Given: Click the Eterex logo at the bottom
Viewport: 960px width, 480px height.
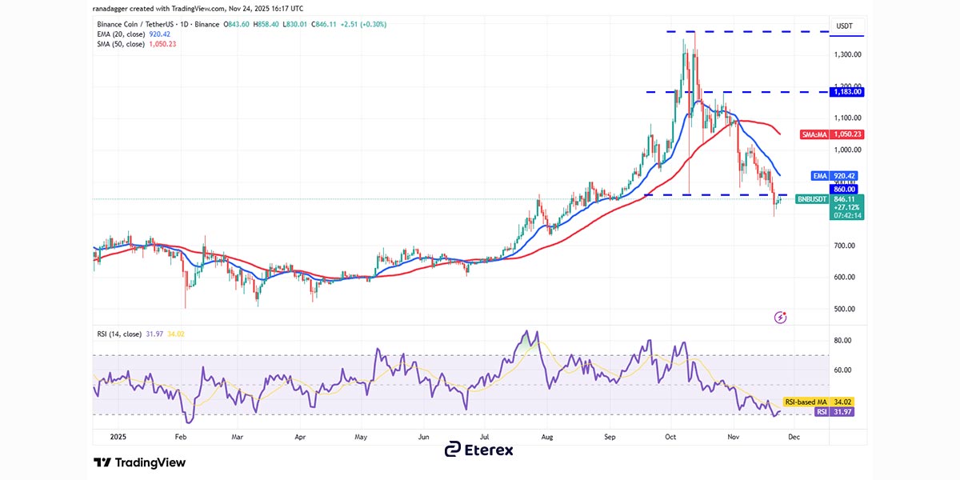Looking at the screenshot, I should (x=479, y=450).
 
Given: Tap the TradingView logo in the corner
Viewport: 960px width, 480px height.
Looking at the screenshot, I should (x=140, y=462).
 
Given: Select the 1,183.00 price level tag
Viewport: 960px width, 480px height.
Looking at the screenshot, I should (x=846, y=92).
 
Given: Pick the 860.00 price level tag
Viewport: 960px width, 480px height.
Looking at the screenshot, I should (x=846, y=190).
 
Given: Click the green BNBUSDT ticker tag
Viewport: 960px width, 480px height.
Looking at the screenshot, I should (x=811, y=199).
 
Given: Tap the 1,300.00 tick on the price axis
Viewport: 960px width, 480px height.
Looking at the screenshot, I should (x=846, y=54).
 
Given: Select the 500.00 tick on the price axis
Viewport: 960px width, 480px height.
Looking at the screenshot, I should (x=846, y=309).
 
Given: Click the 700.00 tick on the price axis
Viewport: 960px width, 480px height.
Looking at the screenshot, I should (x=846, y=246).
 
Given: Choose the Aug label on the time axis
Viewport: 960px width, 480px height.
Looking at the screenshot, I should (x=547, y=438).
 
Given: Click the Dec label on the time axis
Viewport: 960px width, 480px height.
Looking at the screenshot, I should (x=794, y=438).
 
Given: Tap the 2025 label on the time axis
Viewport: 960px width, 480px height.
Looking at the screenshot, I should (x=118, y=438).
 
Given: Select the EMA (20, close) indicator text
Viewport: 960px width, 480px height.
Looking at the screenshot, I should (x=131, y=34).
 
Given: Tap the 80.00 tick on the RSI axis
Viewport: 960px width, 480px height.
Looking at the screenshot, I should (x=842, y=340).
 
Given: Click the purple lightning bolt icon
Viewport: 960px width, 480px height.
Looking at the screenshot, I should (x=781, y=318).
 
